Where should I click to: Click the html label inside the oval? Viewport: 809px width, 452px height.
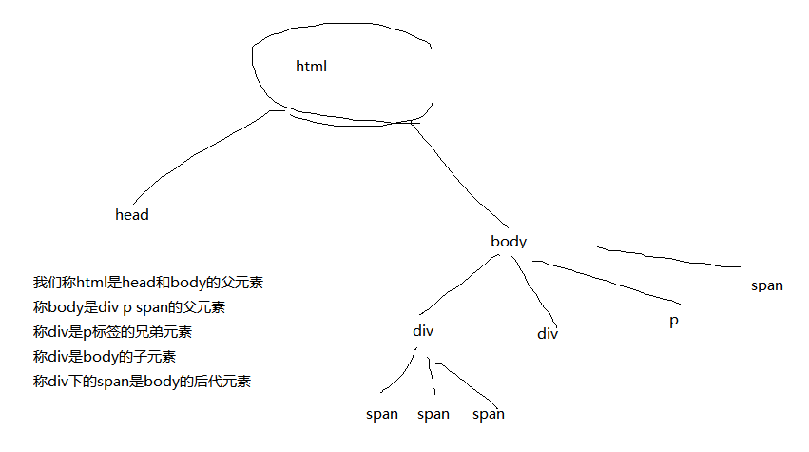[x=311, y=67]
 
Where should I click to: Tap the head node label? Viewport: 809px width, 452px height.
[x=132, y=215]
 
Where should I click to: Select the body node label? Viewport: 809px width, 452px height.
[x=509, y=242]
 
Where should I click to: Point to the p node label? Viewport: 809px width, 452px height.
[x=674, y=321]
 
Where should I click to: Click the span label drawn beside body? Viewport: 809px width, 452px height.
[x=766, y=285]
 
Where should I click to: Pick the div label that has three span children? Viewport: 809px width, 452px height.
[x=423, y=331]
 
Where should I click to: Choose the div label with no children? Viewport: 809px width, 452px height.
[x=547, y=333]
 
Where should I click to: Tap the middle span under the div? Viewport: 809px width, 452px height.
[x=433, y=414]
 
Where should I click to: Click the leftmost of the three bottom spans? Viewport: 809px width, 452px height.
[x=382, y=414]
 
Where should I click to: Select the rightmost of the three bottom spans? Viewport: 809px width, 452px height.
[x=489, y=414]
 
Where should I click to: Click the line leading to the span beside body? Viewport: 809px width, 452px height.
[x=665, y=257]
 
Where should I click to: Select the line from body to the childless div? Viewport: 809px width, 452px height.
[x=535, y=290]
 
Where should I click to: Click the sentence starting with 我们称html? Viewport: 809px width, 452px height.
[x=147, y=283]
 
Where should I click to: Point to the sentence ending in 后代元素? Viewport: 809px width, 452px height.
[x=142, y=382]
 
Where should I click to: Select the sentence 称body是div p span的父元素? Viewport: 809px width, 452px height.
[x=129, y=307]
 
